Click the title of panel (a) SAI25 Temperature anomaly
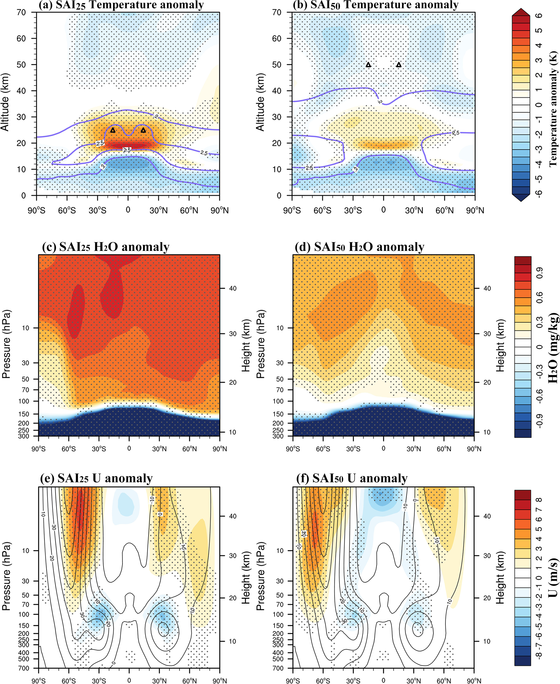pyautogui.click(x=121, y=5)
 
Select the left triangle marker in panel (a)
pyautogui.click(x=113, y=130)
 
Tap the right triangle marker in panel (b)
pyautogui.click(x=399, y=65)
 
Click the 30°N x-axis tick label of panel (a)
pyautogui.click(x=158, y=210)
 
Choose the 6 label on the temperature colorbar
pyautogui.click(x=539, y=15)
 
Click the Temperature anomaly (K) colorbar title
pyautogui.click(x=553, y=108)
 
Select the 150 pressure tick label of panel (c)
pyautogui.click(x=24, y=414)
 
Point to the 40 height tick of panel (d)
pyautogui.click(x=487, y=288)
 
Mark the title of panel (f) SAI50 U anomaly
pyautogui.click(x=352, y=478)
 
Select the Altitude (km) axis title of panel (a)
pyautogui.click(x=5, y=102)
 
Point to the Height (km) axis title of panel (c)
pyautogui.click(x=246, y=345)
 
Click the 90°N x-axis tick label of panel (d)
pyautogui.click(x=474, y=449)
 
